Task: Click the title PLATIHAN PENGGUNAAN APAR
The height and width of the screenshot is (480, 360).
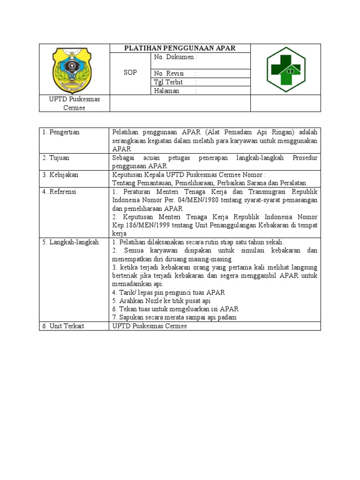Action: pyautogui.click(x=180, y=48)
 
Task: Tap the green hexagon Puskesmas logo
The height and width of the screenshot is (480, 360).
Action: pyautogui.click(x=286, y=69)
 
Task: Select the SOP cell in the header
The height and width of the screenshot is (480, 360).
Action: pyautogui.click(x=130, y=73)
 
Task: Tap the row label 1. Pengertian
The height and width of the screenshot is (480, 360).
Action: pyautogui.click(x=61, y=132)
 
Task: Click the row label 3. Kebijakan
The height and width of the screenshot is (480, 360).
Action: pyautogui.click(x=60, y=175)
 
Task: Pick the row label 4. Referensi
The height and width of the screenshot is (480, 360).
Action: pyautogui.click(x=59, y=192)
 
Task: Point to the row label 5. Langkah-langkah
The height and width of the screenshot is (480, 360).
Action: pyautogui.click(x=70, y=242)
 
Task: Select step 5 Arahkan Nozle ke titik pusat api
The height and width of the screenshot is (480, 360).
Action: pyautogui.click(x=161, y=300)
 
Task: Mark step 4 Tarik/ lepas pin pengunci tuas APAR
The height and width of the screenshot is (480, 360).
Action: pyautogui.click(x=169, y=292)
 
